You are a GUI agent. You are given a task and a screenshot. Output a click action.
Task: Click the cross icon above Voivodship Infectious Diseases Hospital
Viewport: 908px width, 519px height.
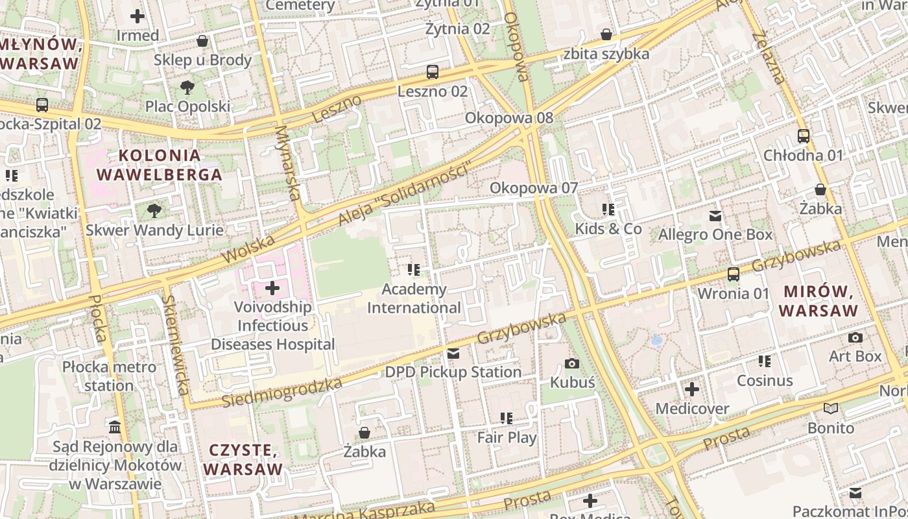(x=272, y=287)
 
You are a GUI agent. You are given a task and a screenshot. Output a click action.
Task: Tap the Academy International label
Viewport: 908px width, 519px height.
(x=414, y=298)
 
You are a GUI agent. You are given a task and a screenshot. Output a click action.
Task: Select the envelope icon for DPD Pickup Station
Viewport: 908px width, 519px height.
(x=453, y=354)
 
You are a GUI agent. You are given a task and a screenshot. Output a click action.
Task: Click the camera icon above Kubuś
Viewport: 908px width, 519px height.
(x=571, y=363)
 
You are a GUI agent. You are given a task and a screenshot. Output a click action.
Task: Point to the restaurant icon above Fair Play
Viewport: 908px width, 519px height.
(x=507, y=418)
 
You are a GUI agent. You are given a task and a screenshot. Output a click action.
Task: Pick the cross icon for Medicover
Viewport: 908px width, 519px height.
(x=692, y=389)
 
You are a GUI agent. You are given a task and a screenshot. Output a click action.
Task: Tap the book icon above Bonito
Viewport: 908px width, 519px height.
(x=831, y=409)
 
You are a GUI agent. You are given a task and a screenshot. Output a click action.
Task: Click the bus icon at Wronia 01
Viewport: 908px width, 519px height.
(x=734, y=274)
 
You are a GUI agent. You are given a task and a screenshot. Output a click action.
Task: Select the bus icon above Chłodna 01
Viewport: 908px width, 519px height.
(x=804, y=136)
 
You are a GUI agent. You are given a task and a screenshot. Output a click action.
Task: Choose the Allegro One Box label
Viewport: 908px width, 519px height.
(x=715, y=235)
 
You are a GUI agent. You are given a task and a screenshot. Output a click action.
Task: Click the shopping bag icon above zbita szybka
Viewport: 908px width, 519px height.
(x=606, y=34)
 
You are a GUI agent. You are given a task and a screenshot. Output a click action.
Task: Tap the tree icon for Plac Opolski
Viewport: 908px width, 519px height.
(x=187, y=87)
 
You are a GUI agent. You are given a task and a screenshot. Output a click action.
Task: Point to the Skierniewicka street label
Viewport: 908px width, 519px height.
(x=176, y=345)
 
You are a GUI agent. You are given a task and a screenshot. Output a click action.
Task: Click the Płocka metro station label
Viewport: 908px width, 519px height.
(x=109, y=376)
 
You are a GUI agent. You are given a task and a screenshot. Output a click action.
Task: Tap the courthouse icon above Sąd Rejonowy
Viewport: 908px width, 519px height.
(x=115, y=427)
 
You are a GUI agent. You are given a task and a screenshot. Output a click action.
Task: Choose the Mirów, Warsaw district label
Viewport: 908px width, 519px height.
(x=818, y=301)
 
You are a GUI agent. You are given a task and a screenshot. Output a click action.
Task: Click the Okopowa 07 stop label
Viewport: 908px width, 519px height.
(x=533, y=188)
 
